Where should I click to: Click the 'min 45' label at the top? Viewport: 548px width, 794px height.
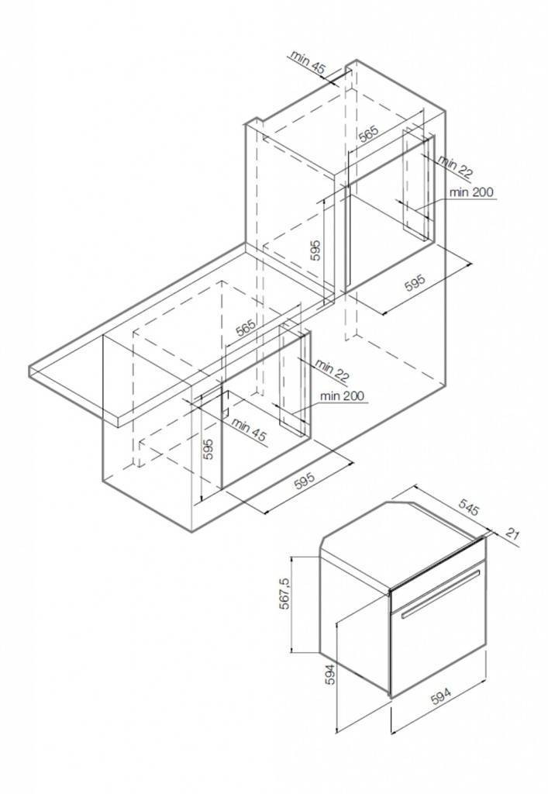pos(308,62)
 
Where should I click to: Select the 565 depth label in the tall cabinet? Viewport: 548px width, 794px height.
pos(368,133)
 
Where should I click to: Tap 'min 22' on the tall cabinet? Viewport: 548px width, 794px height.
pos(456,167)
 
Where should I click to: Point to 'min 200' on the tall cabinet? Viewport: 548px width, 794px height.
pos(470,192)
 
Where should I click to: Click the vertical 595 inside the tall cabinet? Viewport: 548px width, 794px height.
pos(315,250)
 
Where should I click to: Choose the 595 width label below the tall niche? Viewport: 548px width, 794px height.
pos(415,283)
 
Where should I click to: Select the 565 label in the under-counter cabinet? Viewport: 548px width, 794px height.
pos(246,328)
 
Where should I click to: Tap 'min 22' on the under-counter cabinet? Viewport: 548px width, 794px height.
pos(333,370)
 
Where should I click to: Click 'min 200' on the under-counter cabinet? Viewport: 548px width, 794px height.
pos(342,395)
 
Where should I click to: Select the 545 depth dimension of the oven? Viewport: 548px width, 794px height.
pos(468,507)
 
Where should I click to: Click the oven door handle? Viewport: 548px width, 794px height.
pos(440,593)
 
